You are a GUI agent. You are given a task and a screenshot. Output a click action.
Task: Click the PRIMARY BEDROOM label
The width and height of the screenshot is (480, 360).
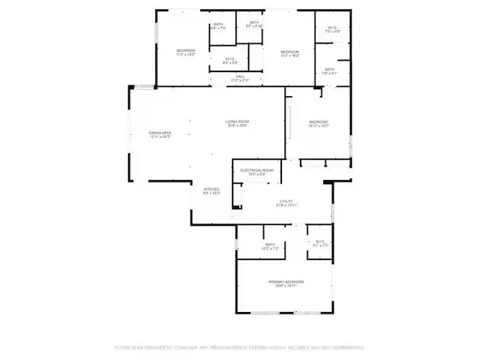(x=285, y=281)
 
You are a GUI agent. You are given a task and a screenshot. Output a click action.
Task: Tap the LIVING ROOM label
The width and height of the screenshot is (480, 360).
(x=237, y=121)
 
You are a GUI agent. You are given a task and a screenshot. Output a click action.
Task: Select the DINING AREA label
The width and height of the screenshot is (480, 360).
(x=160, y=133)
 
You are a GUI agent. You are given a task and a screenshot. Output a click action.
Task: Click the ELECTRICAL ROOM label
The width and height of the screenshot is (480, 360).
(x=256, y=171)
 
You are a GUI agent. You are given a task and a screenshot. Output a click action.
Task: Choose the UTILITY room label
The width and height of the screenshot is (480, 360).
(x=286, y=201)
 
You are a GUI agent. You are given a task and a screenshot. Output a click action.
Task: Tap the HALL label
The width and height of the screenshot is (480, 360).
(x=240, y=76)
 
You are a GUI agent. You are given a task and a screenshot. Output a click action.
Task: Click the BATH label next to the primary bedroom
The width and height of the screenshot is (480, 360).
(x=270, y=244)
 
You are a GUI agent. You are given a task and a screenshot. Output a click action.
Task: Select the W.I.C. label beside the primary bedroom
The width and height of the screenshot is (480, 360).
(x=319, y=241)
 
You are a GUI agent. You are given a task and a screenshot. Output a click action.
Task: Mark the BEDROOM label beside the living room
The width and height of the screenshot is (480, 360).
(x=319, y=121)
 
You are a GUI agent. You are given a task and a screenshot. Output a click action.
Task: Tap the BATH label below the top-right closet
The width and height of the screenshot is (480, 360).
(x=330, y=69)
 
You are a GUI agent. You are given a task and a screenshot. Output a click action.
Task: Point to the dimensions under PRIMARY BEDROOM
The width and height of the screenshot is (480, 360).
(x=285, y=286)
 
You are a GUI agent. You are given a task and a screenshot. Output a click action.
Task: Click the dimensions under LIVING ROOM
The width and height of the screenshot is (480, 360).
(x=237, y=126)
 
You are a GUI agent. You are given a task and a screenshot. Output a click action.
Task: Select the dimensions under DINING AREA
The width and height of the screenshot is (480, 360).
(x=160, y=137)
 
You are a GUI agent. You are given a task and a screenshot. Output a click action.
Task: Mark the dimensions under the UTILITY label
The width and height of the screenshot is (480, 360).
(x=286, y=205)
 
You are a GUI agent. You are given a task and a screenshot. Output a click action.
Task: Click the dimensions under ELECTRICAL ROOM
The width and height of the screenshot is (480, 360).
(x=256, y=175)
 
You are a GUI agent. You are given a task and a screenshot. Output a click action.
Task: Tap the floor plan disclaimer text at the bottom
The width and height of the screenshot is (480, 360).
(x=239, y=347)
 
